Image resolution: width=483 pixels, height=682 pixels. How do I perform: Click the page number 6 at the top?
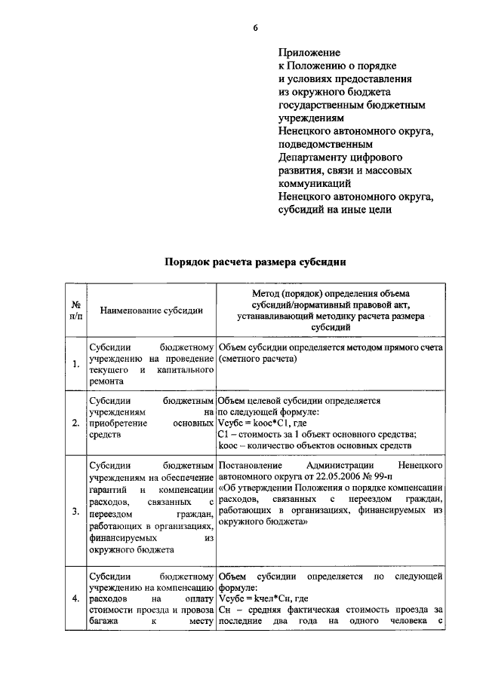click(x=255, y=28)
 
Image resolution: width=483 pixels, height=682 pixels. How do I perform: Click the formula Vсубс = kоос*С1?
click(x=260, y=424)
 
